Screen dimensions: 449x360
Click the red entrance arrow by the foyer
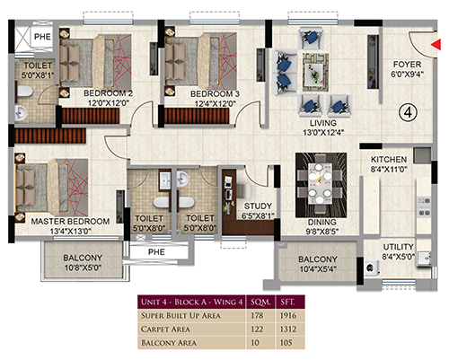click(x=436, y=44)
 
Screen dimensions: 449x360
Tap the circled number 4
click(x=408, y=112)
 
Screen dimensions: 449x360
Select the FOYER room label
click(x=407, y=65)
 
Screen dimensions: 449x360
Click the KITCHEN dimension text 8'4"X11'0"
click(x=389, y=170)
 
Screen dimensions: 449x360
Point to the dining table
click(x=321, y=184)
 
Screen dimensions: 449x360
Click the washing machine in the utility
click(x=372, y=268)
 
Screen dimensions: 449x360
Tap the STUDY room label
click(x=258, y=206)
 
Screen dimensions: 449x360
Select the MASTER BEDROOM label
click(x=70, y=221)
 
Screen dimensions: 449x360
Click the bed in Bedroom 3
click(x=201, y=61)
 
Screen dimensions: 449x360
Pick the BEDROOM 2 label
click(x=108, y=93)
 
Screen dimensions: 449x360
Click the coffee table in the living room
click(x=315, y=73)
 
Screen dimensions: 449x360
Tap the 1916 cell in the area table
click(x=288, y=315)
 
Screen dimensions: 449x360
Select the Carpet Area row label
click(x=165, y=329)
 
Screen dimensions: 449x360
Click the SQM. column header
click(x=260, y=302)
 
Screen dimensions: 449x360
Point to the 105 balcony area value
click(x=286, y=342)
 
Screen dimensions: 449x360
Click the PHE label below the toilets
click(x=156, y=252)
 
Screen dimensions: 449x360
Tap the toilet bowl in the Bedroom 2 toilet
click(x=24, y=92)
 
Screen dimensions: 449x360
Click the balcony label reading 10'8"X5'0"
click(x=83, y=268)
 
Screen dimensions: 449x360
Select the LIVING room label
click(x=323, y=123)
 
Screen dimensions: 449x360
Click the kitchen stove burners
click(x=424, y=206)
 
